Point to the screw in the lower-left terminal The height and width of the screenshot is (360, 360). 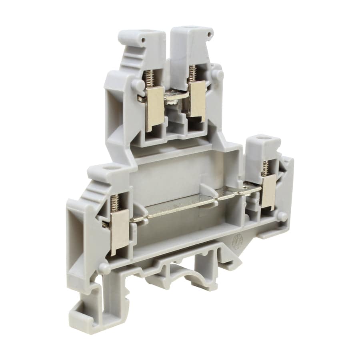pyautogui.click(x=115, y=202)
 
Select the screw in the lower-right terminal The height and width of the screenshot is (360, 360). pyautogui.click(x=265, y=168)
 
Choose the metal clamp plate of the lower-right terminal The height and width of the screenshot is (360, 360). pyautogui.click(x=268, y=192)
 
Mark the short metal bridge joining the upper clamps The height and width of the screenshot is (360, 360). pyautogui.click(x=176, y=96)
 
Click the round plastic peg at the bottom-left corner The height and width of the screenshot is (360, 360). pyautogui.click(x=104, y=268)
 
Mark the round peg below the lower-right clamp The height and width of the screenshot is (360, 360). pyautogui.click(x=282, y=216)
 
